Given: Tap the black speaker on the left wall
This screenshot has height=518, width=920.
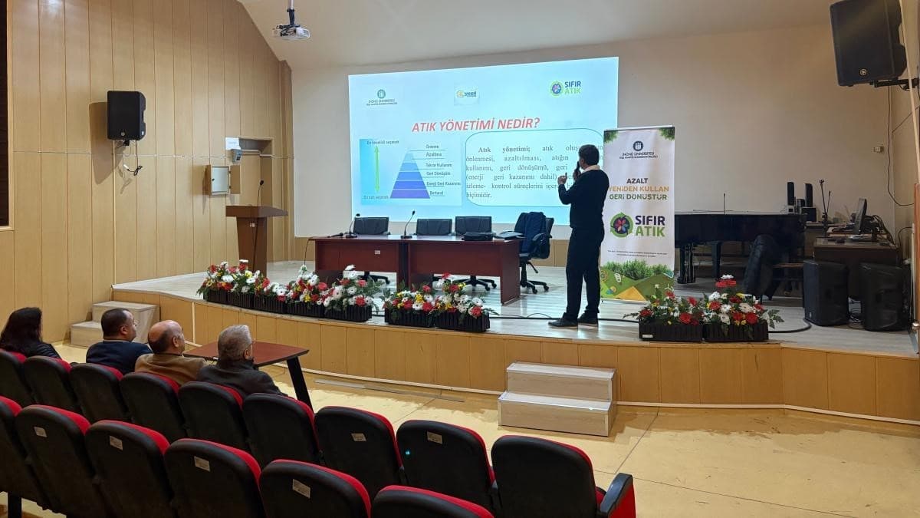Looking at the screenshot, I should click(126, 115).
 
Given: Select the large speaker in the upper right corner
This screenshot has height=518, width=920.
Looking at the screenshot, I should click(867, 42).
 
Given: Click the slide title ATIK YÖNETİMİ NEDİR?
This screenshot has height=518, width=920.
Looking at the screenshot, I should click(475, 124).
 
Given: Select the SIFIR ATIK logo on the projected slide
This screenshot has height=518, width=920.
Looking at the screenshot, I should click(565, 88).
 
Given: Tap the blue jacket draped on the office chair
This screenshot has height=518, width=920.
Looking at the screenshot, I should click(534, 234).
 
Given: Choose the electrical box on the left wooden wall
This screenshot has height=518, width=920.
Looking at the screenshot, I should click(218, 180).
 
